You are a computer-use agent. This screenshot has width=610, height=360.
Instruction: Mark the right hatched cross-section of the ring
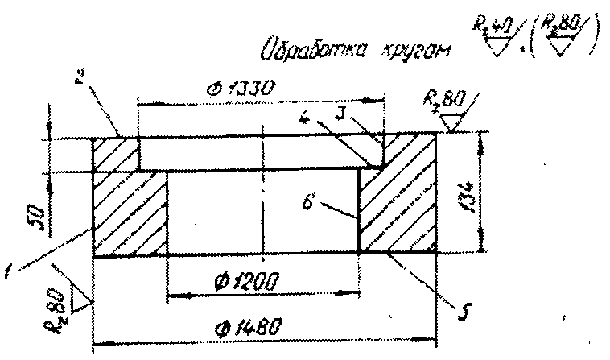click(x=398, y=201)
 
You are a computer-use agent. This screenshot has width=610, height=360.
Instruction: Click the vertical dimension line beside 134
click(x=482, y=193)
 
